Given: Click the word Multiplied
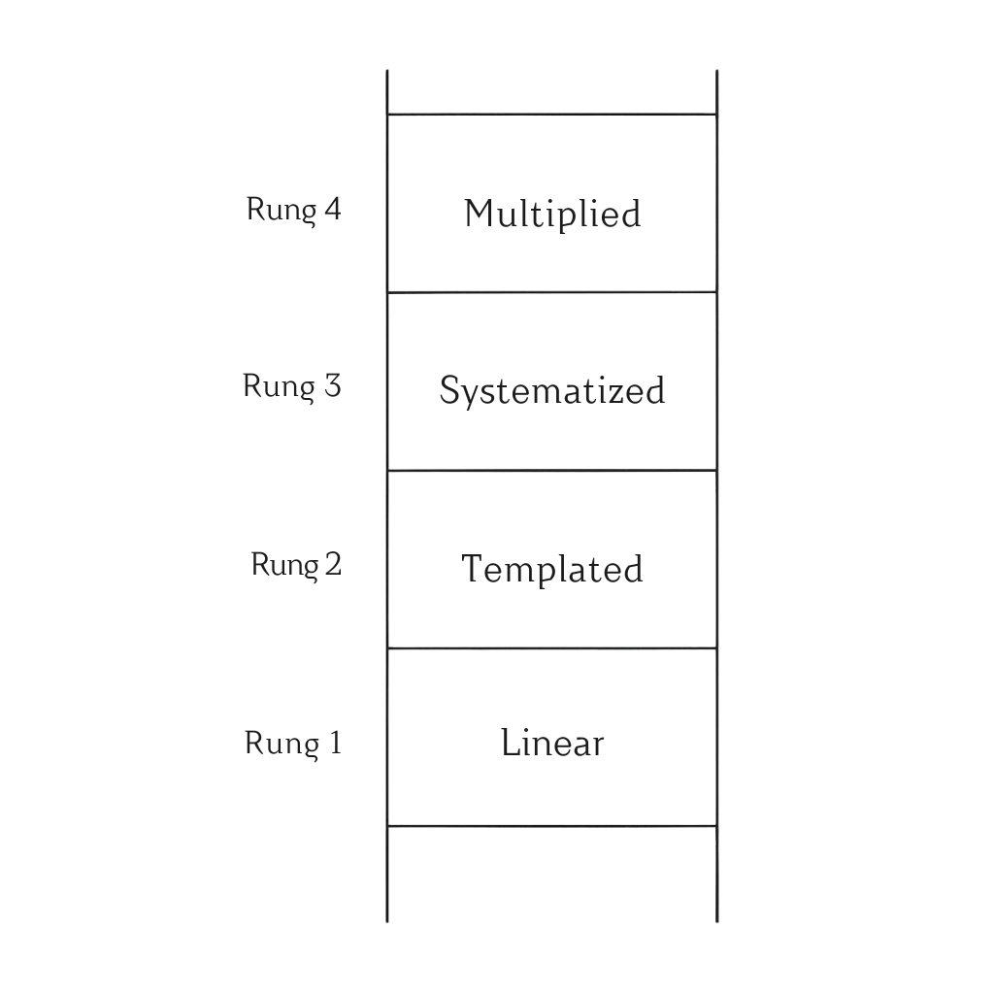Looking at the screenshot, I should coord(552,214).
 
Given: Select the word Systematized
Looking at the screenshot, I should coord(552,391).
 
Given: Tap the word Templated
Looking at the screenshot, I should coord(552,569).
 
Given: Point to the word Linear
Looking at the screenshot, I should coord(552,744).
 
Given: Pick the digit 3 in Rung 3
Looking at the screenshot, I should coord(332,386).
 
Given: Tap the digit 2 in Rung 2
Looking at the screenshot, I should coord(333,564).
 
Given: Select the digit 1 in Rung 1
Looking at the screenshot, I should coord(335,744).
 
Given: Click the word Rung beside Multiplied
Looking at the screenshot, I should coord(281,211).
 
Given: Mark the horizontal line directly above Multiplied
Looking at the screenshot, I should coord(552,115).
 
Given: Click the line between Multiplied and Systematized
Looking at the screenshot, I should coord(552,292).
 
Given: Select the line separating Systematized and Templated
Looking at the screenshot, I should coord(552,471).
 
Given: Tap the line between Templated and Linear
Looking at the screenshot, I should coord(552,648).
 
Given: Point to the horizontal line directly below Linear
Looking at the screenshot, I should coord(552,826).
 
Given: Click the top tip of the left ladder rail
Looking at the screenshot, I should coord(387,72).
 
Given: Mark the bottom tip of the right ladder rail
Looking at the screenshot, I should coord(717,919).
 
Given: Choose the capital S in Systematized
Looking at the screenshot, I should coord(449,390).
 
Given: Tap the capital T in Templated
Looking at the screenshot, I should coord(472,568).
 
